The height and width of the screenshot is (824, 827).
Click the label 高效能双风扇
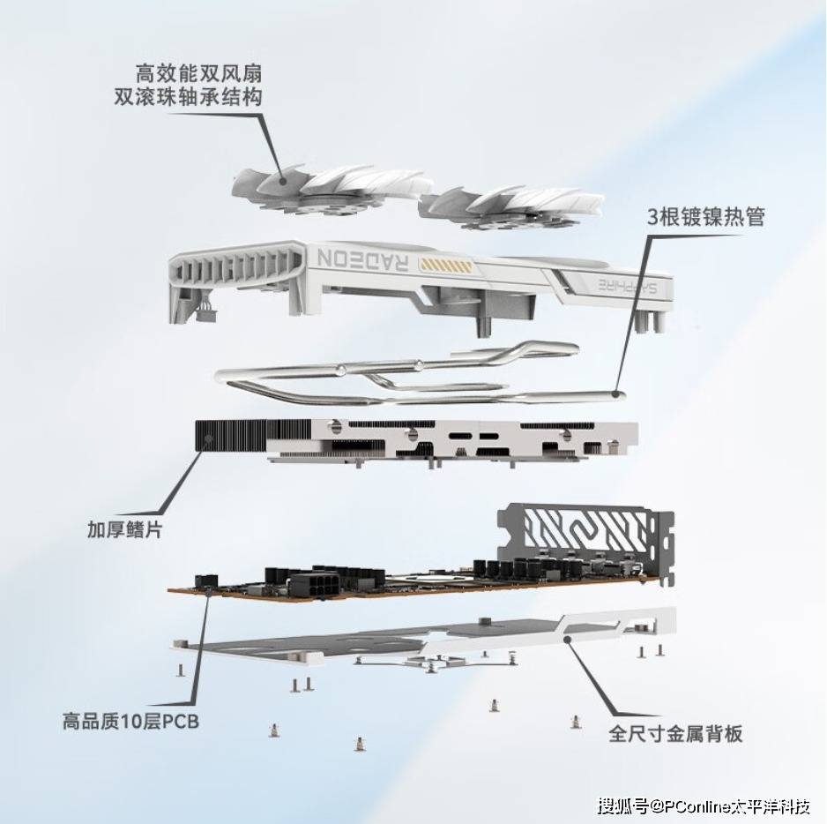coord(198,73)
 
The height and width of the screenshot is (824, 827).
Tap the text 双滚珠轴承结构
coord(189,97)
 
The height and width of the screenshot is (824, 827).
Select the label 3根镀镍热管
coord(706,216)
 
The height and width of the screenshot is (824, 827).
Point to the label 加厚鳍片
coord(125,529)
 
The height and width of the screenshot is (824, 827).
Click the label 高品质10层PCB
coord(130,721)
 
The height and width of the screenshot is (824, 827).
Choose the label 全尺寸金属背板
coord(675,734)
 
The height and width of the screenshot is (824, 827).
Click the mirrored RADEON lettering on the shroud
coord(363,259)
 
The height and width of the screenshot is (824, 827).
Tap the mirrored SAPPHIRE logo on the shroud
coord(628,286)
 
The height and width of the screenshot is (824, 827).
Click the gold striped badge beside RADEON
coord(444,265)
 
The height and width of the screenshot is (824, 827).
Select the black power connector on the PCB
coord(310,587)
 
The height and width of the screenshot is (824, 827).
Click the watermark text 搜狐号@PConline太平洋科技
coord(704,806)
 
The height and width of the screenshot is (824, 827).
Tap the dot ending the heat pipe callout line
coord(616,393)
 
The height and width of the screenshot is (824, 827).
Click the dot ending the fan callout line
coord(283,181)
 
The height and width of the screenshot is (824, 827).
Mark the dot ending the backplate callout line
coord(568,640)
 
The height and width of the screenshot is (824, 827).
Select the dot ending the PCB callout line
coord(209,591)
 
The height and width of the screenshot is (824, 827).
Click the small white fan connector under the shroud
coord(205,315)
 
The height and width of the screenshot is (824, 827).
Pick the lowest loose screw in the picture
coord(360,744)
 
